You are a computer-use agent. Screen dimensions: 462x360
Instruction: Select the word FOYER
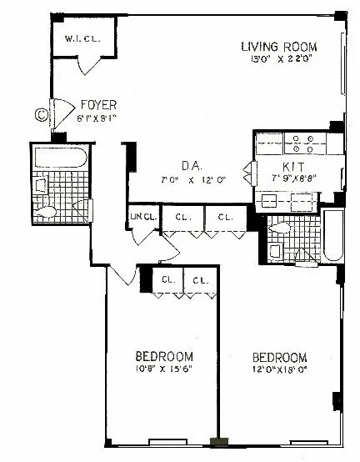[x=97, y=105]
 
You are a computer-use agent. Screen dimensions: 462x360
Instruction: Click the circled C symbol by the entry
[x=40, y=114]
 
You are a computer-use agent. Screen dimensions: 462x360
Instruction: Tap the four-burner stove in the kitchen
[x=299, y=143]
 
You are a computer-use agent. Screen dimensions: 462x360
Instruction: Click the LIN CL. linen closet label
[x=143, y=218]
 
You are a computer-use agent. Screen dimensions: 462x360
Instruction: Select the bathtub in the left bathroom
[x=59, y=158]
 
